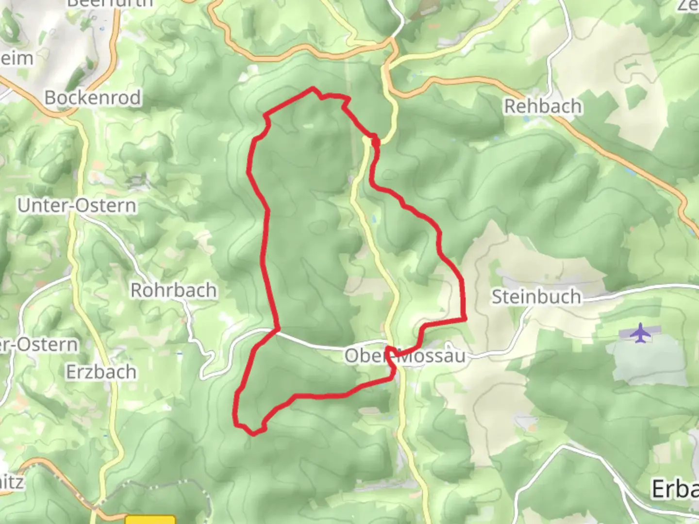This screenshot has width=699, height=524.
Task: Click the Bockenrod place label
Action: click(x=92, y=98)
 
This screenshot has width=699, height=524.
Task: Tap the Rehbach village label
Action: click(x=543, y=106)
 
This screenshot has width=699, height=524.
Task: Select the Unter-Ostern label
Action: click(x=77, y=205)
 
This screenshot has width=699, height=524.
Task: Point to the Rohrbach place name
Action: click(x=173, y=290)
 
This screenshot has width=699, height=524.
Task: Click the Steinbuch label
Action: click(x=536, y=296)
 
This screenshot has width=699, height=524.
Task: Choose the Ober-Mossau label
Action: click(x=405, y=356)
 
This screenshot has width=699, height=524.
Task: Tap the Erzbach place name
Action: click(x=101, y=372)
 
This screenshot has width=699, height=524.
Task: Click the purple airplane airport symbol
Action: click(x=641, y=333)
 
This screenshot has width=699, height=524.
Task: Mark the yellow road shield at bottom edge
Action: click(x=150, y=520)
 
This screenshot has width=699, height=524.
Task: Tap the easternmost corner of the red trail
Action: click(x=465, y=318)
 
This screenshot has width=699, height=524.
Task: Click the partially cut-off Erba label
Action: click(x=675, y=489)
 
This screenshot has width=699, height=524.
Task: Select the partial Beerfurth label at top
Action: click(x=110, y=3)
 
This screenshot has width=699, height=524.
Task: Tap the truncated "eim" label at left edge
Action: click(x=17, y=59)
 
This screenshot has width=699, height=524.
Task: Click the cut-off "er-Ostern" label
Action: click(x=39, y=344)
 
